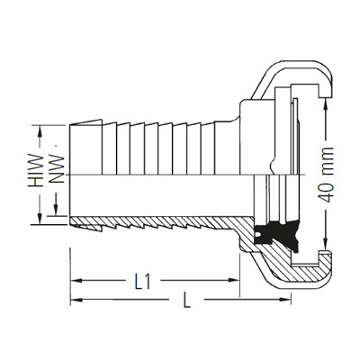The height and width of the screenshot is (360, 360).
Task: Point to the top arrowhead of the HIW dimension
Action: coord(40,126)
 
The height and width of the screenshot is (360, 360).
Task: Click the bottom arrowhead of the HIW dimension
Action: coord(40,220)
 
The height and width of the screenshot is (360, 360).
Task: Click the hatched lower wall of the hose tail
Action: coord(153,226)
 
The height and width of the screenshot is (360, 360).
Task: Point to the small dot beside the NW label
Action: coord(59,141)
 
